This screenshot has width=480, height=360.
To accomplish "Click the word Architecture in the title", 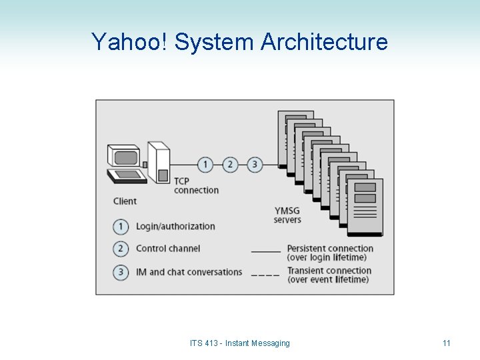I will [324, 42].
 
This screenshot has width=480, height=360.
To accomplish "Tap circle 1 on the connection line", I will [206, 164].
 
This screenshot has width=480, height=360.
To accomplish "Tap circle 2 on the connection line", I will [230, 164].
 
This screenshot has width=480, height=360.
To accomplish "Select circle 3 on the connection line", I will [255, 164].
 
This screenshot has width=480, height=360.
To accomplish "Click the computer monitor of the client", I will [125, 157].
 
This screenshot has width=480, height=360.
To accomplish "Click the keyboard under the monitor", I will [127, 176].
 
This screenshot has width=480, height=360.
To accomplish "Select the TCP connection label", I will [196, 185].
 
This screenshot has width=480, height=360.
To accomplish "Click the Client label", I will [125, 201].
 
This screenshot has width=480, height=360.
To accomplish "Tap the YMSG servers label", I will [288, 215].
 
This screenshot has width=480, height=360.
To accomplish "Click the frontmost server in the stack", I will [365, 207].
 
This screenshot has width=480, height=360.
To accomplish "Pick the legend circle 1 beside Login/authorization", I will [121, 227].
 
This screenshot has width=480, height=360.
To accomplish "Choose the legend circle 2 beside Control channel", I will [121, 249].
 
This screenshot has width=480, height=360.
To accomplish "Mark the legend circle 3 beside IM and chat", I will [121, 272].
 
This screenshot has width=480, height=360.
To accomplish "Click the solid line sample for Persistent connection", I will [265, 252].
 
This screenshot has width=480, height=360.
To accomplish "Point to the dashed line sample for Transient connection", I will [265, 275].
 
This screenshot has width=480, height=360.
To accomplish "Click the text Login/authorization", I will [175, 227].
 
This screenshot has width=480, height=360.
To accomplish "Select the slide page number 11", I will [447, 343].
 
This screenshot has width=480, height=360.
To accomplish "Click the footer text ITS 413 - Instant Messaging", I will [240, 343].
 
